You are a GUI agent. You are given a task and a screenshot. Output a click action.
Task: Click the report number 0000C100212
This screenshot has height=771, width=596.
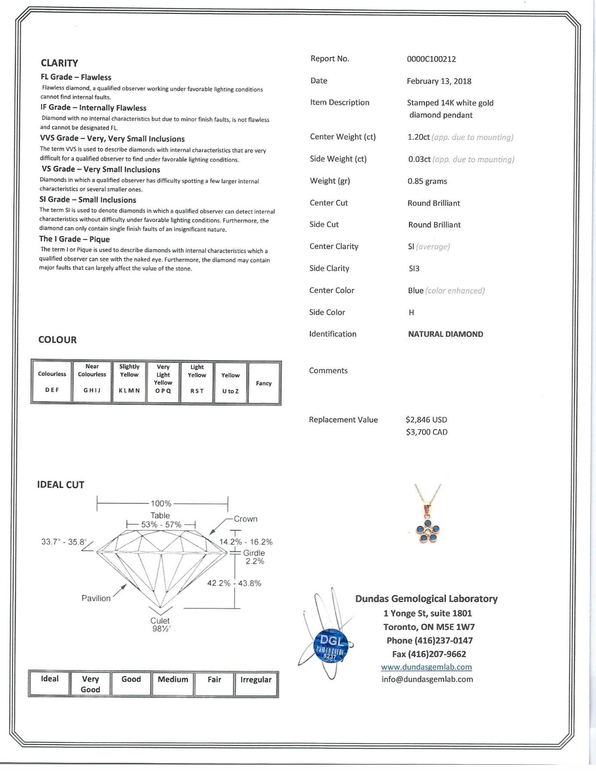point(431,59)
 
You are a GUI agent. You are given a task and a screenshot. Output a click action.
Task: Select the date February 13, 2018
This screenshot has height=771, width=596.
point(439,81)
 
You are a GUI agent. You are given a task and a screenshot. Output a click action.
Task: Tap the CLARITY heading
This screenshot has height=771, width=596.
point(59,63)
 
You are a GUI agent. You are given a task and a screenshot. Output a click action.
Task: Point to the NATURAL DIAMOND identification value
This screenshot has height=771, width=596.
point(445,334)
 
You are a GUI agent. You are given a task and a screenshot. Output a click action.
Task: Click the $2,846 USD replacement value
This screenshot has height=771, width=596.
point(426,420)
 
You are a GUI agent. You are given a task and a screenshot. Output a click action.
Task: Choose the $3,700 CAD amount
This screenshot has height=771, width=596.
point(427,432)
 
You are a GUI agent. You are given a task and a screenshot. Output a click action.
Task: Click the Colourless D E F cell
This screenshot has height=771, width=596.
point(52,382)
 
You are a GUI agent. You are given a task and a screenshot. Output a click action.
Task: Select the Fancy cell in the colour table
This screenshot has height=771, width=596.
point(264,383)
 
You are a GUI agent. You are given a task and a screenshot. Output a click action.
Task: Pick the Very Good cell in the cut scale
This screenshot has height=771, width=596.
point(90,684)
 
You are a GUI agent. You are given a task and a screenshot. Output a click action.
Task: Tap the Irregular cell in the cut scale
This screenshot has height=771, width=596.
point(256,680)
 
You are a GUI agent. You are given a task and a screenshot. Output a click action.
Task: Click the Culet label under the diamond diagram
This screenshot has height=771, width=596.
point(160,621)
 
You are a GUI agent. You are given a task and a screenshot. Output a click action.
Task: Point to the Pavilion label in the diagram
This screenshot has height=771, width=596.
point(96,598)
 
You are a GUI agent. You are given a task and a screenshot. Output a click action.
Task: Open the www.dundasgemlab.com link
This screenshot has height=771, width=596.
point(426,667)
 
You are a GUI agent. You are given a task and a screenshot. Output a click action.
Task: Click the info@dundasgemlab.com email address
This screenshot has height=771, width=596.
point(427,679)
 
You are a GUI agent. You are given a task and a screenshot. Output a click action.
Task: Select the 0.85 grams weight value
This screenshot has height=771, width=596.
point(427,181)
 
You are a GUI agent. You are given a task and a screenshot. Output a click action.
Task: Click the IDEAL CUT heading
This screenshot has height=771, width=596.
point(60,485)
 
